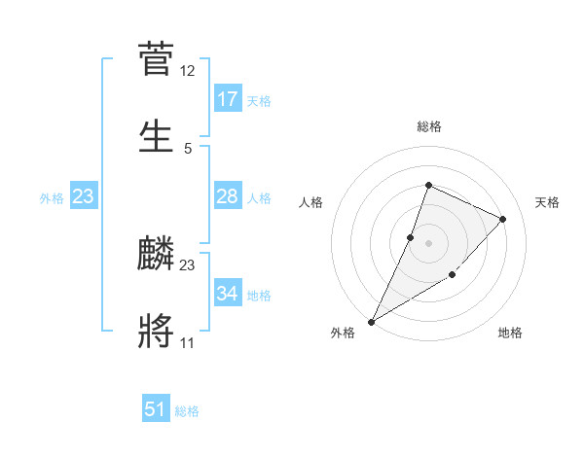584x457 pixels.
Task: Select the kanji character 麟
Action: pos(156,255)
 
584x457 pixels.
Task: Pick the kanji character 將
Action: pos(156,330)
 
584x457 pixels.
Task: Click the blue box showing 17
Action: pos(228,99)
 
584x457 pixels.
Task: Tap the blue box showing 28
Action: pos(228,197)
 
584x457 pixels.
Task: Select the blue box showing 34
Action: pos(228,294)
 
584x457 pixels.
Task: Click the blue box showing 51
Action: pos(156,409)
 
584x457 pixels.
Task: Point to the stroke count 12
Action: pos(188,71)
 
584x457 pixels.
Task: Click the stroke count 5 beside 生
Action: pos(188,148)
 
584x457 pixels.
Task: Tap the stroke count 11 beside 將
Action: pos(188,342)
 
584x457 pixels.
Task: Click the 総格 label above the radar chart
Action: pos(428,126)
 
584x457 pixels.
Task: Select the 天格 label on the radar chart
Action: pos(547,202)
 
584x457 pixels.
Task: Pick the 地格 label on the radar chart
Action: pos(510,333)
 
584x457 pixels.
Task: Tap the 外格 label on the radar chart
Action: pos(343,333)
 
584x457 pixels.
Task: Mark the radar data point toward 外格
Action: pos(371,321)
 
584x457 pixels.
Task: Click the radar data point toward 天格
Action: pos(503,219)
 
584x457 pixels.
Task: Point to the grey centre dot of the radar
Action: pos(428,243)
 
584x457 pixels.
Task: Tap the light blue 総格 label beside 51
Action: pos(187,410)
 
